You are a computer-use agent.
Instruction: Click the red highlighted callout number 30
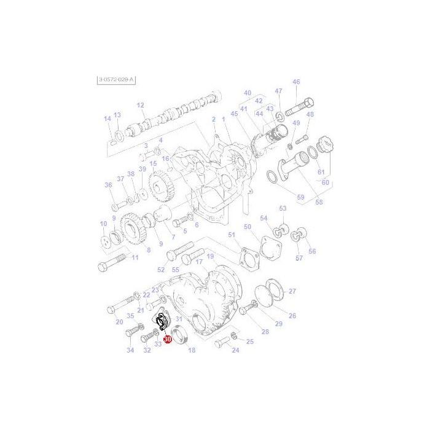(166, 338)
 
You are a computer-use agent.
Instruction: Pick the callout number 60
(324, 182)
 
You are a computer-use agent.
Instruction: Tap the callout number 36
(108, 185)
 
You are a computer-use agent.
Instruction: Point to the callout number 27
(292, 291)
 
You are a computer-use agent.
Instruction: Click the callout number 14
(107, 119)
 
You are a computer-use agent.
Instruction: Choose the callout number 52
(161, 270)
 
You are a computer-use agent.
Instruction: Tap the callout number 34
(130, 351)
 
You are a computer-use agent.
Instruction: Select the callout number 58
(319, 202)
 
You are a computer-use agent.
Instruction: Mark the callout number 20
(119, 321)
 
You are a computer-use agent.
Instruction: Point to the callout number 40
(248, 93)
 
